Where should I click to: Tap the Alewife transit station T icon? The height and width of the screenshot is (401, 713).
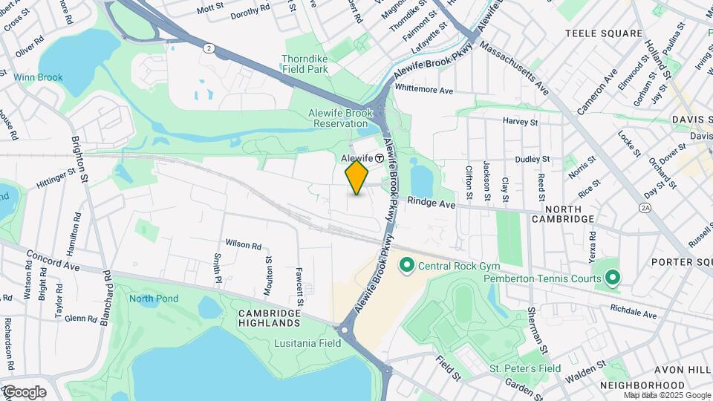379,157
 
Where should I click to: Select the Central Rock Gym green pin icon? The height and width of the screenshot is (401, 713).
406,265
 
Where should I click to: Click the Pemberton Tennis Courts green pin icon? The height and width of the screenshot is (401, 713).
612,278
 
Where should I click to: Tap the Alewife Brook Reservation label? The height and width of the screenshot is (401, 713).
339,118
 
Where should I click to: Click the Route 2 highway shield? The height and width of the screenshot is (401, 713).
209,48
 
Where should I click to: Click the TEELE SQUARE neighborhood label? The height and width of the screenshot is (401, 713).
603,33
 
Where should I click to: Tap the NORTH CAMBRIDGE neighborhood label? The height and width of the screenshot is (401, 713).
563,213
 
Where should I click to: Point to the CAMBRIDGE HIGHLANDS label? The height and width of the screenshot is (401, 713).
269,318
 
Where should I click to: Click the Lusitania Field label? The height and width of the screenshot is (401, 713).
307,342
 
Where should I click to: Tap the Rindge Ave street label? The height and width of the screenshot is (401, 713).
430,203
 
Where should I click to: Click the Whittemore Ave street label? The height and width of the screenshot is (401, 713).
424,90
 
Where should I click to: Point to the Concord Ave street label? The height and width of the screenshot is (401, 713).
52,260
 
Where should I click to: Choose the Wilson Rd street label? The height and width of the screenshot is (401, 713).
244,244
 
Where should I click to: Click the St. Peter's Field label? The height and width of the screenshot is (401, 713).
524,368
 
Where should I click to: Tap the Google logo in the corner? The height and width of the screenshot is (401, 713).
24,392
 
